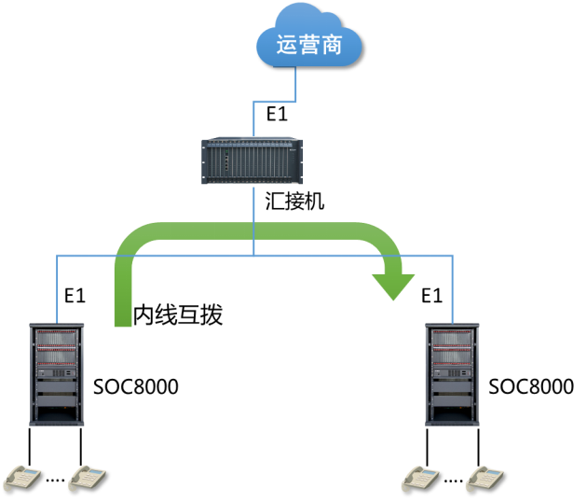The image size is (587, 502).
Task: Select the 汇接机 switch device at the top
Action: (253, 161)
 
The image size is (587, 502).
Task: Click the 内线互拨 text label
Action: (178, 315)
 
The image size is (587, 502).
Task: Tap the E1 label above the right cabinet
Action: (430, 297)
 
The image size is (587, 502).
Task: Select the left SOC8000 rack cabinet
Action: (57, 374)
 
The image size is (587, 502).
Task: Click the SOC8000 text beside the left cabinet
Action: (136, 386)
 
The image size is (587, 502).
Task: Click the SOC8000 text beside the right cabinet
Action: (531, 386)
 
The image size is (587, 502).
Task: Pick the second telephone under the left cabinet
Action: (91, 479)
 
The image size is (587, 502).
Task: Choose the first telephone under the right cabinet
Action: (419, 479)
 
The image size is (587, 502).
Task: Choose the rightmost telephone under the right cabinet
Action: (487, 479)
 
